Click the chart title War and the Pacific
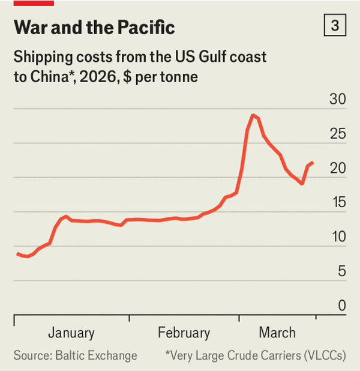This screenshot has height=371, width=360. tap(94, 28)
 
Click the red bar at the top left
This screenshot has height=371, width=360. tap(34, 2)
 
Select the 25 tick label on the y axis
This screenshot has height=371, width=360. tap(338, 134)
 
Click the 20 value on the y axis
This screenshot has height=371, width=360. tap(338, 168)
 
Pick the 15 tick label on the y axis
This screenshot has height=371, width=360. tap(338, 202)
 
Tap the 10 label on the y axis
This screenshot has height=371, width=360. tap(338, 237)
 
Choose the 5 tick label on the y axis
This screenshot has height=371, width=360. tap(341, 271)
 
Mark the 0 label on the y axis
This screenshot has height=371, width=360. tap(342, 306)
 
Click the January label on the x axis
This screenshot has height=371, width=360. tap(71, 333)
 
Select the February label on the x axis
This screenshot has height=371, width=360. tap(184, 333)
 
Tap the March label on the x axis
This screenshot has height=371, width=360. tap(277, 333)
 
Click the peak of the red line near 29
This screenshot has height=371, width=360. tap(253, 115)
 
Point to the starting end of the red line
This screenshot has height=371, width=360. tap(17, 253)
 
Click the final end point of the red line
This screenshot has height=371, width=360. tap(313, 163)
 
